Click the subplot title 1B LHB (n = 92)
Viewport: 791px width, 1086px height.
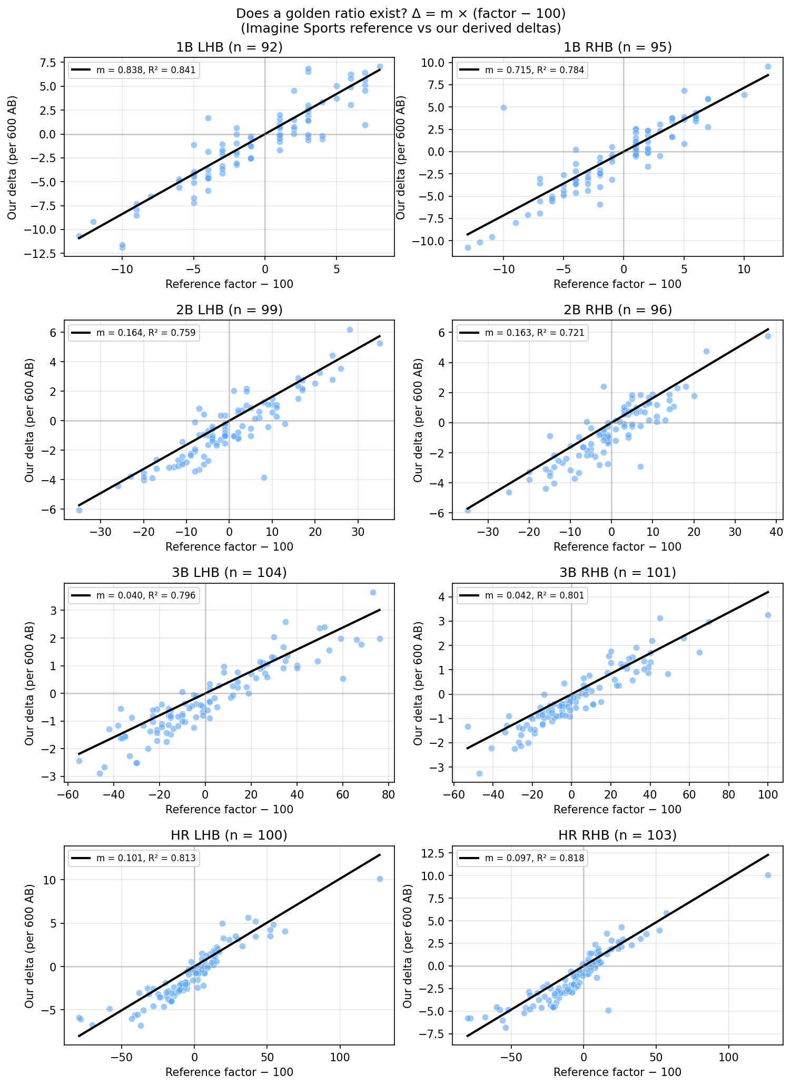tap(229, 47)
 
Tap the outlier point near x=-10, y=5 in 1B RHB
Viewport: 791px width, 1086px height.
tap(503, 107)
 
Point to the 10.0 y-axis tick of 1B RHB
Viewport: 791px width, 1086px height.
tap(434, 63)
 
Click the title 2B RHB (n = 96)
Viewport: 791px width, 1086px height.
tap(617, 310)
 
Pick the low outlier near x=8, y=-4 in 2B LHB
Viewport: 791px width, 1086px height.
tap(264, 477)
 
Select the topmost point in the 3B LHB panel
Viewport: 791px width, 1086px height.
tap(373, 592)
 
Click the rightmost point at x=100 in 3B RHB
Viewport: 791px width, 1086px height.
tap(768, 615)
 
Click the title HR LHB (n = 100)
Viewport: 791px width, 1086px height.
tap(229, 835)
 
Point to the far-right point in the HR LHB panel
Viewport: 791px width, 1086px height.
tap(380, 879)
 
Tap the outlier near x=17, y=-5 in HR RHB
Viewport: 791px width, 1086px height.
tap(608, 1010)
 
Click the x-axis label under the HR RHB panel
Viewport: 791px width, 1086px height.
tap(617, 1072)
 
